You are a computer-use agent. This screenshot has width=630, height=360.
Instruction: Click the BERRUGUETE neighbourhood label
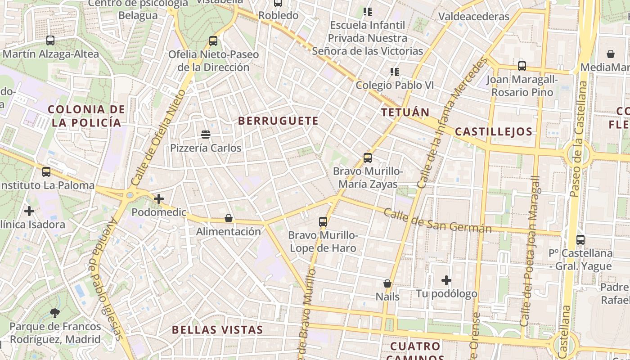[278, 121]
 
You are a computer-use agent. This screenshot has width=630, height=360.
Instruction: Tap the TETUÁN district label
[405, 112]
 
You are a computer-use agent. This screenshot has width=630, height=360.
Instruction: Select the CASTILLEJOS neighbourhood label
[494, 132]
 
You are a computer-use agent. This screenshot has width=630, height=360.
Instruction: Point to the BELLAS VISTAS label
[217, 330]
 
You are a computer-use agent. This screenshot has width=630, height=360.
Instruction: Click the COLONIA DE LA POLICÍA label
[86, 116]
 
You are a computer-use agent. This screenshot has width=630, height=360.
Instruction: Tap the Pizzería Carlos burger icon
[206, 134]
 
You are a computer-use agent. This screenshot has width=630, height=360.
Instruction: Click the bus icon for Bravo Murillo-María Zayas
[368, 158]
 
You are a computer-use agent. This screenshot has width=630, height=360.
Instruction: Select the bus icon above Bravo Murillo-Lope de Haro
[323, 221]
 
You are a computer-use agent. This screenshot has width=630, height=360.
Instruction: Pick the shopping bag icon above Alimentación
[229, 219]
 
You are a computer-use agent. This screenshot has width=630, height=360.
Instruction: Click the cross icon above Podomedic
[158, 199]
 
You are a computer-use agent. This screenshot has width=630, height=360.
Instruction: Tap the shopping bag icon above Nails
[387, 283]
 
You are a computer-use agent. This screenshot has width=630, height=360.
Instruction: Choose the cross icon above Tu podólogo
[446, 281]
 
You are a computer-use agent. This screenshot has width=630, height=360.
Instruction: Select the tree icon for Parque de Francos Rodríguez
[55, 313]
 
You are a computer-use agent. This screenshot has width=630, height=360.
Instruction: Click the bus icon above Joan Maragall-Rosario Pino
[522, 66]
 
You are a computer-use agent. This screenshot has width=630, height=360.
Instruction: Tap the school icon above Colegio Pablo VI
[395, 72]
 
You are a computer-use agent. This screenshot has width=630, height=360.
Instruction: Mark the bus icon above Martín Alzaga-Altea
[50, 40]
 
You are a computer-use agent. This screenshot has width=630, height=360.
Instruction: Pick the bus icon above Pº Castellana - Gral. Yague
[580, 240]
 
